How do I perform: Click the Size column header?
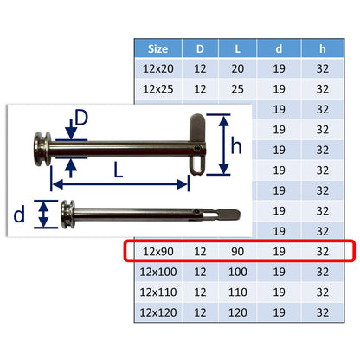157,48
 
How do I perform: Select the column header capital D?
200,48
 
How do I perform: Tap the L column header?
237,48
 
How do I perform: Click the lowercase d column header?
279,48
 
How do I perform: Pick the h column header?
323,48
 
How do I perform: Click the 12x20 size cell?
158,68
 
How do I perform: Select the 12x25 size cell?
158,89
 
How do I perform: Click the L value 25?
237,89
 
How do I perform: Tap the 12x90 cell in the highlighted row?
158,252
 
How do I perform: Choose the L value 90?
237,252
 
